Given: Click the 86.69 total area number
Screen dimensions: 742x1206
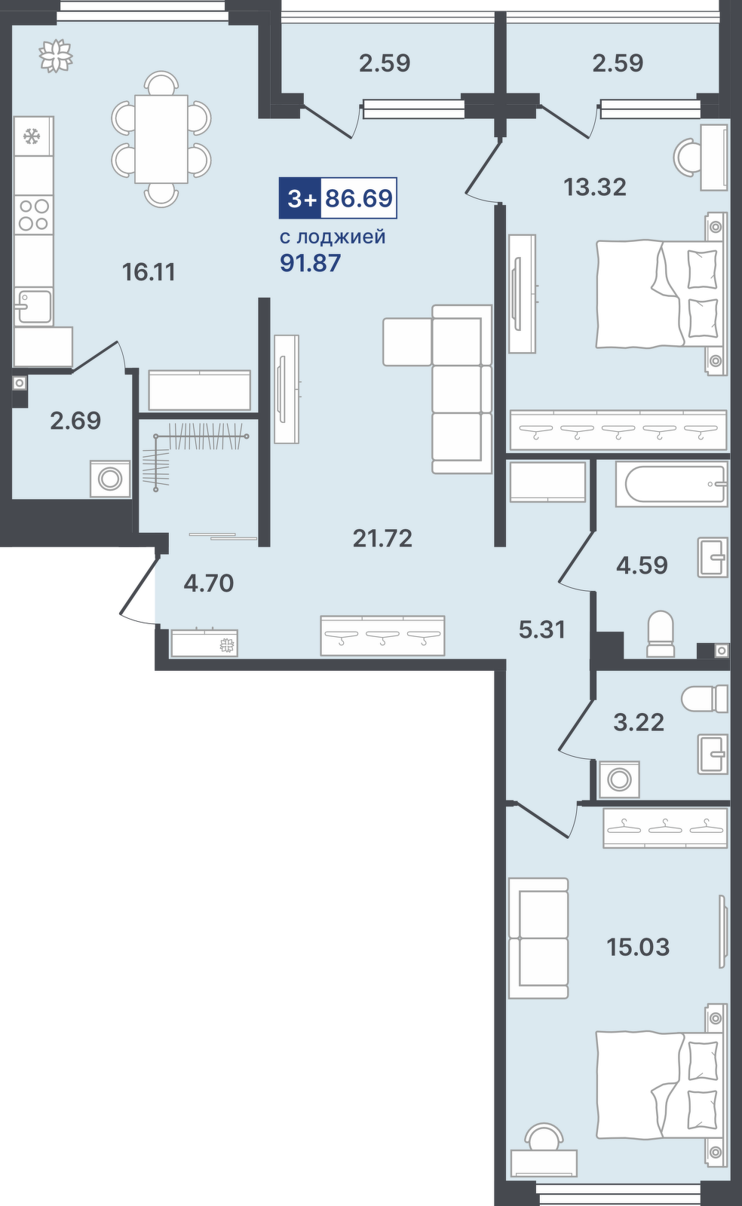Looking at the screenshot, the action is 359,198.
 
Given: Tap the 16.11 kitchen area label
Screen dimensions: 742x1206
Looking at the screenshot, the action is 149,272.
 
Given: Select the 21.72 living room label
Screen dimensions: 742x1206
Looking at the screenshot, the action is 383,538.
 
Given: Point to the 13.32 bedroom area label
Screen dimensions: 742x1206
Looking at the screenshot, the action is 595,188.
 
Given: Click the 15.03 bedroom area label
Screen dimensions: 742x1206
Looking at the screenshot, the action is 638,947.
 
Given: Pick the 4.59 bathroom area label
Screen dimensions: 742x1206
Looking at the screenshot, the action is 642,565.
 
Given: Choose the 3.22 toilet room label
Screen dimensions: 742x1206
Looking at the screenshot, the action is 639,723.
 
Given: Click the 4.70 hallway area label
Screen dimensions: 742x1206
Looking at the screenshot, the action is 208,583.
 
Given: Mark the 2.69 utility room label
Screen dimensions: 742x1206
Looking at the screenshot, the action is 75,421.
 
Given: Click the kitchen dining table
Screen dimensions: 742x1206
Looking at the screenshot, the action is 161,139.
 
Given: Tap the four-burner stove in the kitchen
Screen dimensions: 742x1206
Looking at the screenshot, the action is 34,215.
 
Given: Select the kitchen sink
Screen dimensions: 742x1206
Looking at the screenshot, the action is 33,306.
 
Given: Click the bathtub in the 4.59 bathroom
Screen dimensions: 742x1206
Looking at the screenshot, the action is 671,484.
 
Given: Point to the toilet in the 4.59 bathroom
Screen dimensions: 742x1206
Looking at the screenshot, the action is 660,634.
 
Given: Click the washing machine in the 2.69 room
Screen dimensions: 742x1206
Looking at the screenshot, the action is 110,479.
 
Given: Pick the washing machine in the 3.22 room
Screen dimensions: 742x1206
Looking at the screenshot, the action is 618,779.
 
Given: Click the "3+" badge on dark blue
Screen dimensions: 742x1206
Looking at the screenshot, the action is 300,198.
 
